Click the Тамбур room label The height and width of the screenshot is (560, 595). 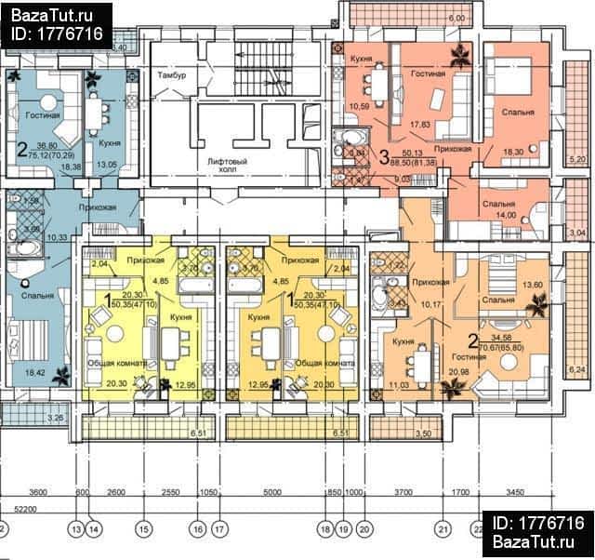(x=173, y=73)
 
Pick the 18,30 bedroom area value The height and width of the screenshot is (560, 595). (x=513, y=151)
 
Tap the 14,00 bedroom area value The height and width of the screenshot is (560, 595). (x=506, y=214)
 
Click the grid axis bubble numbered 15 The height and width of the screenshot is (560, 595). (x=143, y=529)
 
